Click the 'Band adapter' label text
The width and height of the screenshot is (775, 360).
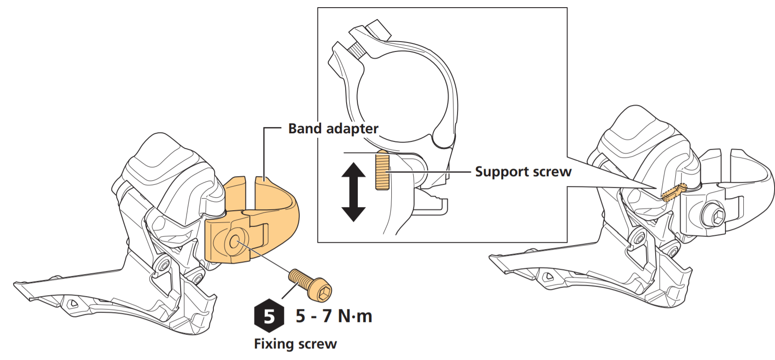tap(333, 129)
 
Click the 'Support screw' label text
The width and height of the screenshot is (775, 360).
tap(523, 172)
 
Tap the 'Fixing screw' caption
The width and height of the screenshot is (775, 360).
tap(295, 344)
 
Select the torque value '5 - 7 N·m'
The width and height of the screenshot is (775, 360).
tap(334, 316)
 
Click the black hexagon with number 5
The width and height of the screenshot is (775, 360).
tap(269, 316)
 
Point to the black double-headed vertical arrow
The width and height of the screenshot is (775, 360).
tap(354, 192)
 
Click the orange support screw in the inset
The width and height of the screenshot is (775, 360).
tap(382, 170)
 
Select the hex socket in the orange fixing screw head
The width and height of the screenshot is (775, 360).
tap(324, 293)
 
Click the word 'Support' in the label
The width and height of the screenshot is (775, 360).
tap(496, 172)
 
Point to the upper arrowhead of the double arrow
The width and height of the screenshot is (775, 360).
tap(354, 170)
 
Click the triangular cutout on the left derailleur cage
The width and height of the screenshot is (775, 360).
tap(72, 304)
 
